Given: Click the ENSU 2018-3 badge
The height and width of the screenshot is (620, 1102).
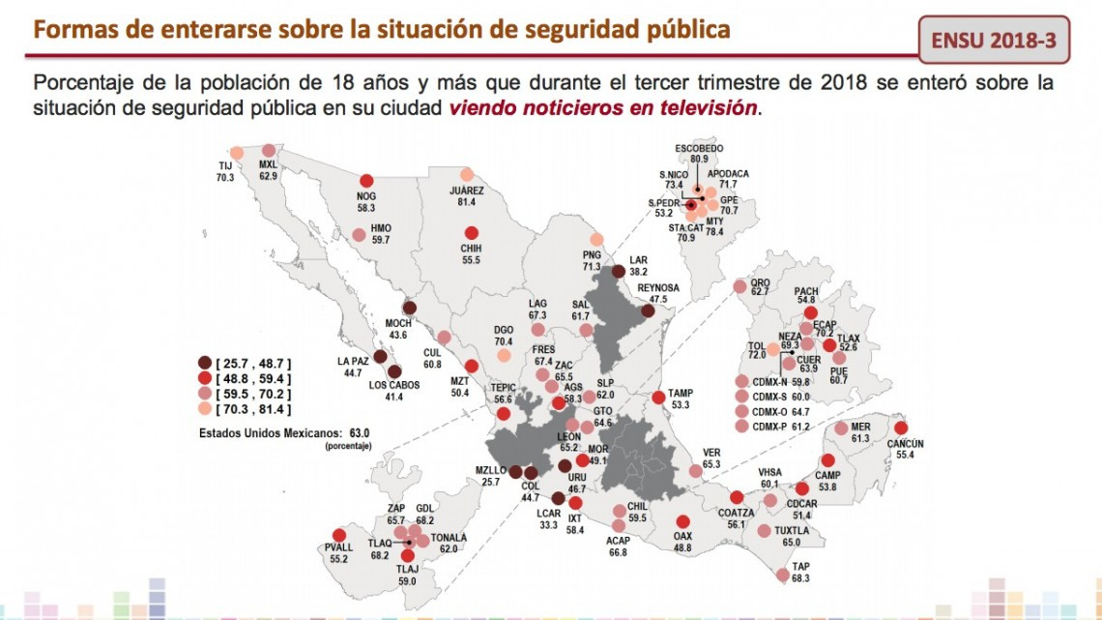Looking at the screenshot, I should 995,42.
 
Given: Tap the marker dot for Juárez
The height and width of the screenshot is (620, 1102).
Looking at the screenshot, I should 467,175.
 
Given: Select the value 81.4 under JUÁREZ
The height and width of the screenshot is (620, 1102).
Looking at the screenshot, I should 467,202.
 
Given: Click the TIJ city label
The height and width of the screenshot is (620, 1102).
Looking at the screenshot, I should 225,166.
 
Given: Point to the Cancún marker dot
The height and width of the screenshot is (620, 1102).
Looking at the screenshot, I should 901,428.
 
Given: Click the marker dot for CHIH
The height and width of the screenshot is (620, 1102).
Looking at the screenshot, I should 472,233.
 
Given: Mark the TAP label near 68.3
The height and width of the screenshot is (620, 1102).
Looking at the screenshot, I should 799,566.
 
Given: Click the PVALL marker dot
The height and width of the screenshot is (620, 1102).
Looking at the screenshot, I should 339,536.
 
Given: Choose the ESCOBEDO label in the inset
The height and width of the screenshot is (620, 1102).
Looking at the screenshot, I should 700,147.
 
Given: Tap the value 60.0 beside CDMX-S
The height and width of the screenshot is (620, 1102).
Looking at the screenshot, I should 800,397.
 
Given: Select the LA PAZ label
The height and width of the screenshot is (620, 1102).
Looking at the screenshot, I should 354,361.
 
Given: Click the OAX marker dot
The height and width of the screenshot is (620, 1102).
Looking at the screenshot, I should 683,521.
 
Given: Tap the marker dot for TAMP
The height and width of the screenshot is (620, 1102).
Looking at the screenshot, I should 658,397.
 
